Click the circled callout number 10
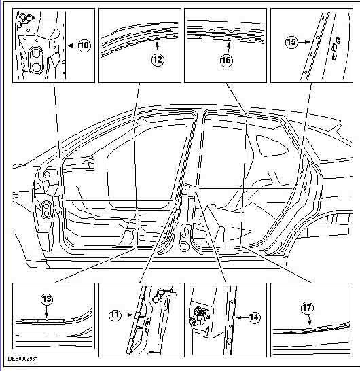pos(84,46)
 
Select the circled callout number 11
pos(115,315)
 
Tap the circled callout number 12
pos(158,59)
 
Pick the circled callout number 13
pos(47,299)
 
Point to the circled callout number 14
pos(254,317)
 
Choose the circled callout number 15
pos(291,42)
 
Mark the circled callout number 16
pos(226,60)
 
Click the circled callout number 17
pos(307,308)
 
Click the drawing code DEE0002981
pos(22,359)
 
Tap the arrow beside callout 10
pos(73,46)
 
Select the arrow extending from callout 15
pos(304,42)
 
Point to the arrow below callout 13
pos(46,311)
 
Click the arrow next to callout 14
pos(242,317)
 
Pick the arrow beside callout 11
pos(126,315)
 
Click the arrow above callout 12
pos(157,48)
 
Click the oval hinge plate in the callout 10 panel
pos(36,60)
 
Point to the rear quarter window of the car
pos(272,145)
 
